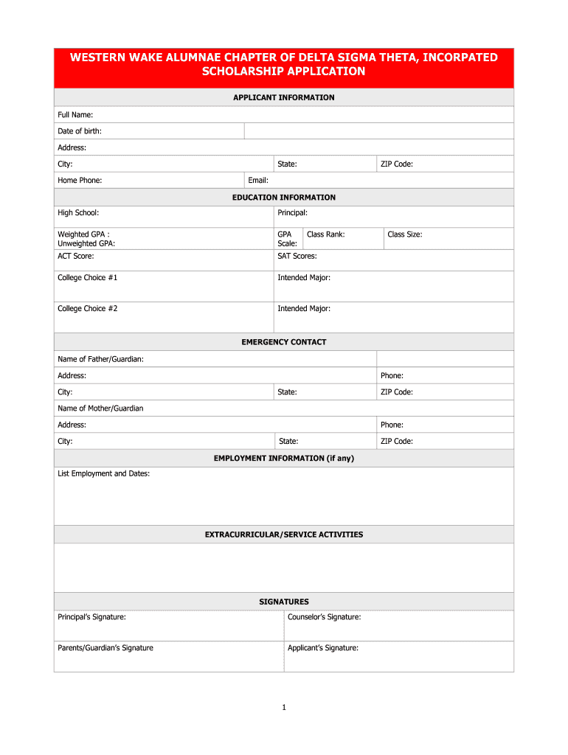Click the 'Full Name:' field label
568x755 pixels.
click(75, 114)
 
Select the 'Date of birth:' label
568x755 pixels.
click(80, 131)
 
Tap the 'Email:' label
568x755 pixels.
click(258, 180)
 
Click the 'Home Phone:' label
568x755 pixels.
click(80, 180)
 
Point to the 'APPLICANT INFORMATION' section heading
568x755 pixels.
click(284, 97)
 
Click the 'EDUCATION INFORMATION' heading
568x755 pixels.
click(284, 198)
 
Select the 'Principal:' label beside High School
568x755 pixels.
click(293, 213)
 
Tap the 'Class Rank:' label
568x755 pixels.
click(326, 234)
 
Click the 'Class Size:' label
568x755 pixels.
click(405, 234)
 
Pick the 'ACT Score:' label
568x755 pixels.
click(76, 256)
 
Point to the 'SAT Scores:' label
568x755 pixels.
click(297, 256)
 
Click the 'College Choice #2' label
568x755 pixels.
click(88, 308)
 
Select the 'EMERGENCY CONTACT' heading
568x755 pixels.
click(284, 342)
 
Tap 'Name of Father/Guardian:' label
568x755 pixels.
click(100, 359)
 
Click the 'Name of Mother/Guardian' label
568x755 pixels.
click(100, 408)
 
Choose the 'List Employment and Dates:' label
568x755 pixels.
click(104, 473)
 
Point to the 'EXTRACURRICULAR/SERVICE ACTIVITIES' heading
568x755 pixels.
click(284, 535)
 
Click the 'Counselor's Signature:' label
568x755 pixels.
click(325, 617)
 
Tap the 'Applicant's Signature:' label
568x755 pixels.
click(323, 648)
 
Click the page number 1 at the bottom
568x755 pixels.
click(284, 708)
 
